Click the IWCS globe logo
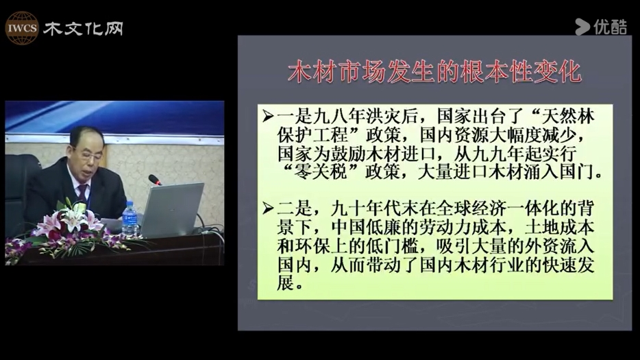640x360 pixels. (x=22, y=28)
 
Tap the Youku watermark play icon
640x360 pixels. (x=582, y=27)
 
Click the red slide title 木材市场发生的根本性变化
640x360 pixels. (x=434, y=72)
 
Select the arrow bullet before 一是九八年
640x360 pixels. (x=268, y=117)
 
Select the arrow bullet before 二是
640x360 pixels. (x=268, y=209)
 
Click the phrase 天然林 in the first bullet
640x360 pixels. (x=568, y=117)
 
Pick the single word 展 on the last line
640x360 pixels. (x=285, y=283)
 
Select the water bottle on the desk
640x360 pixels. (x=130, y=219)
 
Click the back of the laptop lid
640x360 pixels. (x=172, y=209)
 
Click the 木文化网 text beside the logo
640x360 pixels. (x=84, y=28)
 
